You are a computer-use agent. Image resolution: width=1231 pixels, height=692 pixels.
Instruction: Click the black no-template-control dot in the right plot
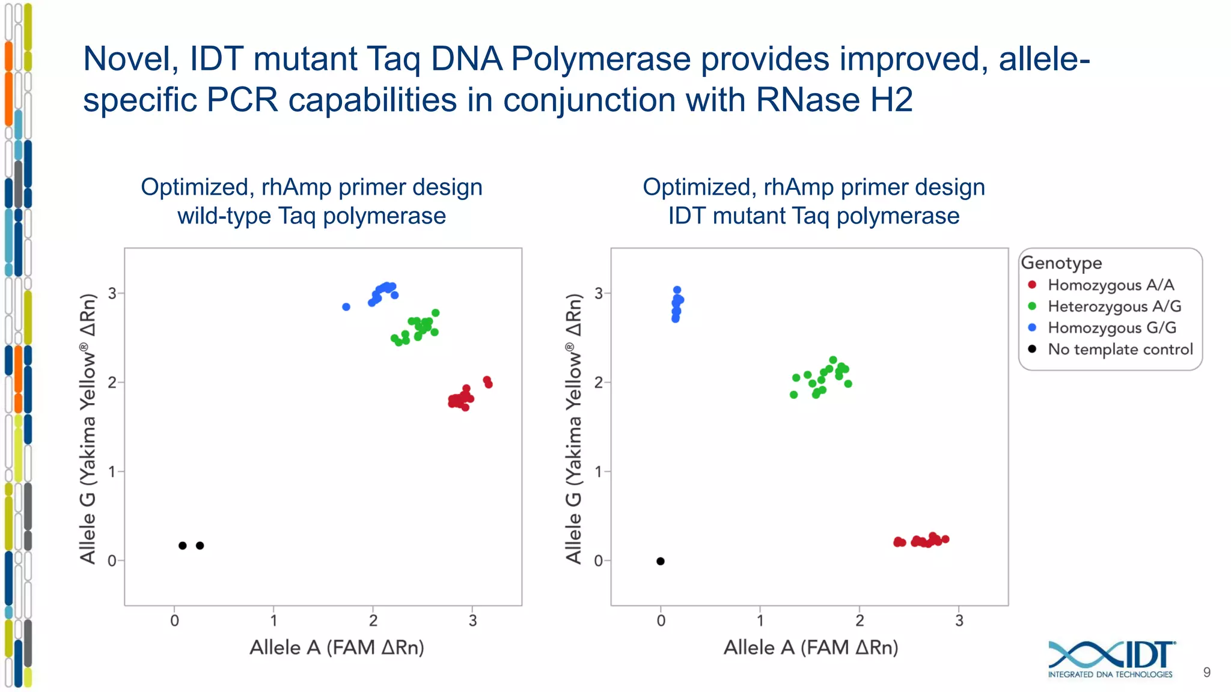[x=660, y=561]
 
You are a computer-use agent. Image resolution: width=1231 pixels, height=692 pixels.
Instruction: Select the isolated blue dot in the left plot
[x=346, y=307]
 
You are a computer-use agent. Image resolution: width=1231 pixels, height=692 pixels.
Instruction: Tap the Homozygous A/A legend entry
[x=1110, y=285]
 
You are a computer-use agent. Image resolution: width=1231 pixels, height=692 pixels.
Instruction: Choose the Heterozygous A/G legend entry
[x=1114, y=306]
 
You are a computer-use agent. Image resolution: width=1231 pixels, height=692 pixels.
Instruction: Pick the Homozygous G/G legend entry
[x=1111, y=327]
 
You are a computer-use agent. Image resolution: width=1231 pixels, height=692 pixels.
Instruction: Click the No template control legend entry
[x=1120, y=349]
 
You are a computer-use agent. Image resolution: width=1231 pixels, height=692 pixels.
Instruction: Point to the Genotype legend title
[x=1061, y=263]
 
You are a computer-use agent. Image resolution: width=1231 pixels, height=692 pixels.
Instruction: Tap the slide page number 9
[x=1206, y=672]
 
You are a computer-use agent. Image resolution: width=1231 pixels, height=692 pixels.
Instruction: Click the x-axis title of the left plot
[x=337, y=648]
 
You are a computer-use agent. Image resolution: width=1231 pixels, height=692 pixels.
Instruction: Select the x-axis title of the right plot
[x=811, y=648]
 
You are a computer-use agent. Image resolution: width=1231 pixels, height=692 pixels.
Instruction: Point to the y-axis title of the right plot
[x=574, y=429]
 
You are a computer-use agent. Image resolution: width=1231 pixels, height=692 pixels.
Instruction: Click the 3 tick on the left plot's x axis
[x=472, y=621]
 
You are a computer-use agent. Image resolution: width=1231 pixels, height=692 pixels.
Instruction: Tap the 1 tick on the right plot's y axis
[x=598, y=472]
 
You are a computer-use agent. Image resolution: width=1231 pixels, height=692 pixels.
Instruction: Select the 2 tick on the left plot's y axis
[x=112, y=382]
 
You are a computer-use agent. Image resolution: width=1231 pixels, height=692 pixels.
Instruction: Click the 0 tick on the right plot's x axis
[x=661, y=621]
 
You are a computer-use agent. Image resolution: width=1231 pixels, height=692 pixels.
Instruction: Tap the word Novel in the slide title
[x=130, y=59]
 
